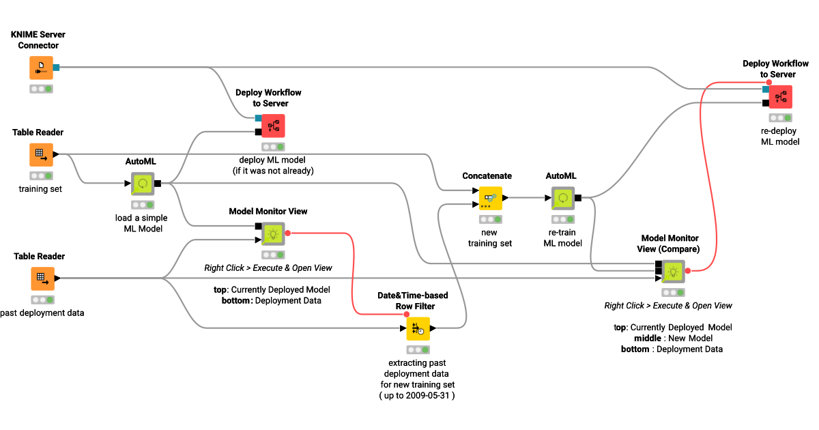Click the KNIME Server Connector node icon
pyautogui.click(x=41, y=68)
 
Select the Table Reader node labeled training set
pyautogui.click(x=41, y=155)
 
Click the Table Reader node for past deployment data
pyautogui.click(x=41, y=278)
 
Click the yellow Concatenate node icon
pyautogui.click(x=489, y=198)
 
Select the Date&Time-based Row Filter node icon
pyautogui.click(x=418, y=329)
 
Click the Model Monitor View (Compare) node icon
pyautogui.click(x=673, y=271)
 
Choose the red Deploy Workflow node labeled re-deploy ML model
pyautogui.click(x=780, y=97)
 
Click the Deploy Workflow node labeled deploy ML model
pyautogui.click(x=272, y=126)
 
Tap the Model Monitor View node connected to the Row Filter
pyautogui.click(x=272, y=233)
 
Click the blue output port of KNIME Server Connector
pyautogui.click(x=57, y=68)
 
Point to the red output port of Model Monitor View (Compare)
pyautogui.click(x=688, y=271)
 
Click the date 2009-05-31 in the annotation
pyautogui.click(x=429, y=395)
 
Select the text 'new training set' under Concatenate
pyautogui.click(x=489, y=238)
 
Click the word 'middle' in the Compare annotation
pyautogui.click(x=648, y=339)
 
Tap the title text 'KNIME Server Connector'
pyautogui.click(x=38, y=40)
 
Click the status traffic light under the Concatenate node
pyautogui.click(x=489, y=220)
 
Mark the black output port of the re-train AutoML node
pyautogui.click(x=578, y=198)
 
